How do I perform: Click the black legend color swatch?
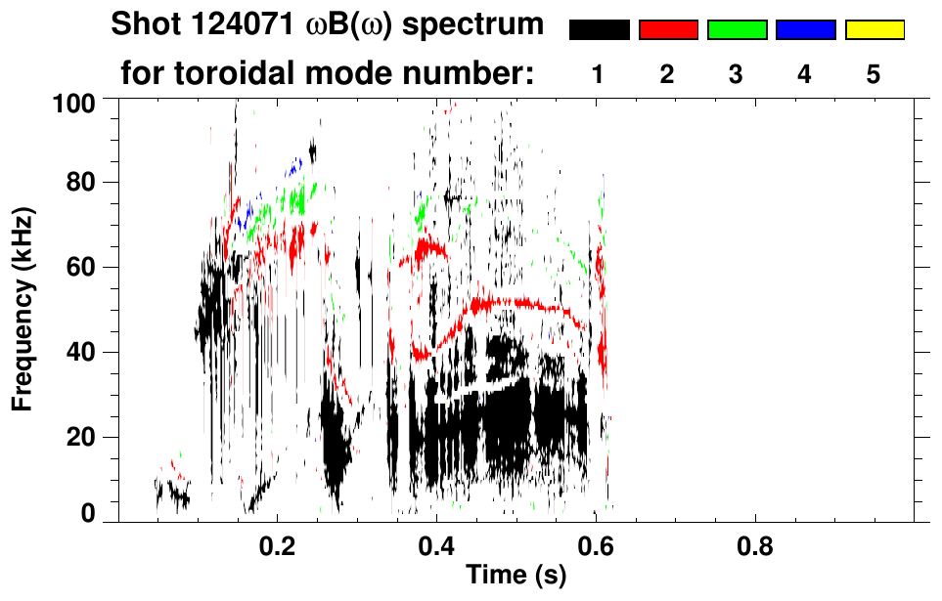[599, 30]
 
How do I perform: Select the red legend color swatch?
[668, 30]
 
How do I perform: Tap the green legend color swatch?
[737, 30]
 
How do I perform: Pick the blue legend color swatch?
[805, 30]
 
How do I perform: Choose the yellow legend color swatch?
[874, 30]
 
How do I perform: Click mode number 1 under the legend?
[598, 75]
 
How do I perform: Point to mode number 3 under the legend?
[736, 75]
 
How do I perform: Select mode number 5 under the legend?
[874, 75]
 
